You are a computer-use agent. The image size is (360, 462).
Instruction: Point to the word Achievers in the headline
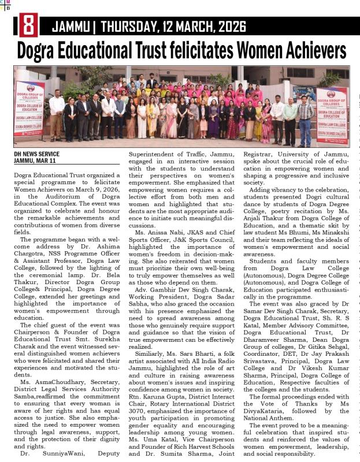pos(303,51)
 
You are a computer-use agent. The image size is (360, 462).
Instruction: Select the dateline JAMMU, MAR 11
pos(34,161)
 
